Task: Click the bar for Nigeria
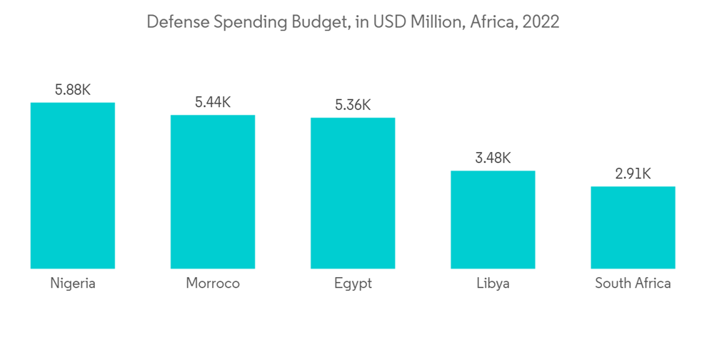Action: [x=73, y=186]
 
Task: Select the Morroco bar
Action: [x=213, y=191]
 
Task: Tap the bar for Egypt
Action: [x=353, y=193]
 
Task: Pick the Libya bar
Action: [x=493, y=219]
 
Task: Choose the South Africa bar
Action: [x=633, y=227]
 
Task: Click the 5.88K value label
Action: [x=73, y=91]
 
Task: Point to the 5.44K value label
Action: [x=213, y=102]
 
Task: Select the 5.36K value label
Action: [x=353, y=105]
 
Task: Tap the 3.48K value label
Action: [x=493, y=158]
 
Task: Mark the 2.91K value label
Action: [x=633, y=174]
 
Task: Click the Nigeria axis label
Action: [x=73, y=284]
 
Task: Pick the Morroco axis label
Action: [x=213, y=284]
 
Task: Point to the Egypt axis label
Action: [x=353, y=284]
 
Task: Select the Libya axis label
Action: [x=493, y=284]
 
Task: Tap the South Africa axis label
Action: [x=633, y=284]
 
